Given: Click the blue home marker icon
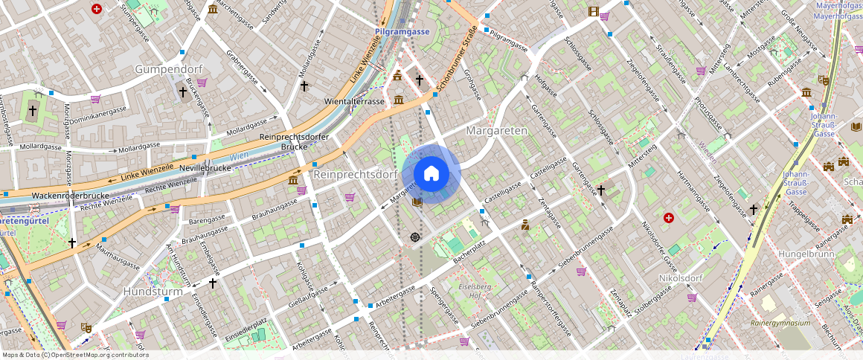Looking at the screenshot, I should (x=431, y=174).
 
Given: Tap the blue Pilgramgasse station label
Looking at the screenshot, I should (x=402, y=32).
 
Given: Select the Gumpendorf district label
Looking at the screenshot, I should (x=168, y=68).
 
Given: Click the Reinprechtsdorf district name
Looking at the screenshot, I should (x=355, y=174).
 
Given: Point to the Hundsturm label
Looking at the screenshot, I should (x=153, y=292).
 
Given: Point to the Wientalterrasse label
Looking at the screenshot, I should (x=355, y=100).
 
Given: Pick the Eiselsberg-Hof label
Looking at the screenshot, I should (x=475, y=291).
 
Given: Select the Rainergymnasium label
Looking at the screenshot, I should (x=780, y=323).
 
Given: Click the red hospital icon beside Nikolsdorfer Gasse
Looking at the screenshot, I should (x=668, y=218).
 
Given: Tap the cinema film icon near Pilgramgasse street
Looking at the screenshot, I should (x=593, y=11).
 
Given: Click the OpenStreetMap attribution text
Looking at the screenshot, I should (x=76, y=355).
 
